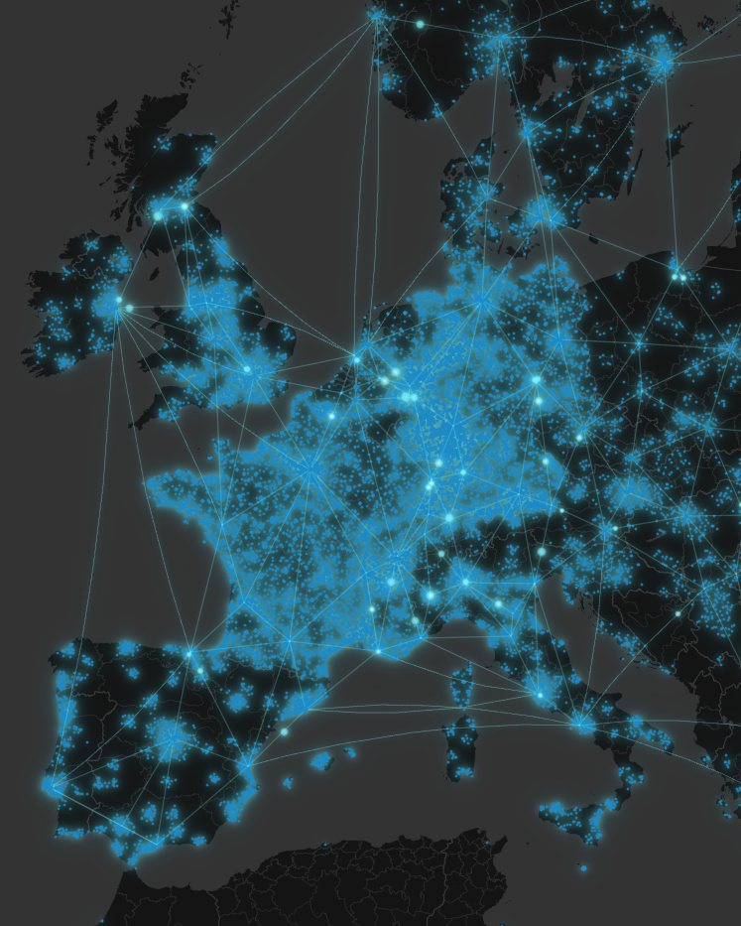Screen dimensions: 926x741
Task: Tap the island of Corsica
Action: pos(460,685)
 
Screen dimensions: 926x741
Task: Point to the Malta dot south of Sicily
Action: pos(583,868)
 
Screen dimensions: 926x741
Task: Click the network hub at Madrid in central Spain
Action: pos(172,735)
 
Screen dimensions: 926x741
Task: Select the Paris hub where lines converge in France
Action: pos(310,470)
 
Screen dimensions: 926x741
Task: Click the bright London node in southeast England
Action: pos(247,369)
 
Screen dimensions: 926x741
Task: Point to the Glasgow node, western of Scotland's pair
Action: pos(157,214)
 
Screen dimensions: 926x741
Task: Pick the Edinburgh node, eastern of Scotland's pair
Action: pos(184,206)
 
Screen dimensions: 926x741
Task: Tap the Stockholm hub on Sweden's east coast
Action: pos(663,62)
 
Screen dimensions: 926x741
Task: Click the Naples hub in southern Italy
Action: pos(583,725)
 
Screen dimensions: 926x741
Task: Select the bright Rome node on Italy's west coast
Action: pos(540,694)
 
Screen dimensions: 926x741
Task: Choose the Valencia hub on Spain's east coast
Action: pos(245,765)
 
